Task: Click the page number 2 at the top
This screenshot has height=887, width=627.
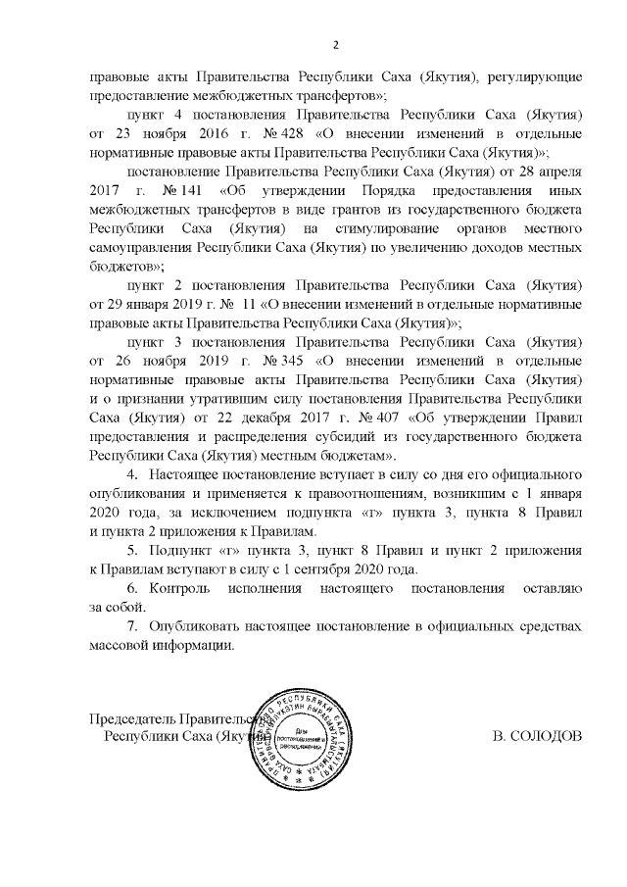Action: click(336, 44)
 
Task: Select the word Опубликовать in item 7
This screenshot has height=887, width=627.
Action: click(201, 627)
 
